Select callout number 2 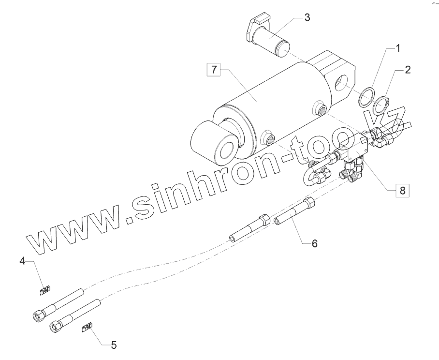coord(408,70)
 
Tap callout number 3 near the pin coord(307,18)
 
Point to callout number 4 coord(22,261)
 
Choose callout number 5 coord(114,345)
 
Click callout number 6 coord(314,243)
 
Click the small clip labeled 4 coord(44,290)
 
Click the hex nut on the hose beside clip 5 coord(56,327)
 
